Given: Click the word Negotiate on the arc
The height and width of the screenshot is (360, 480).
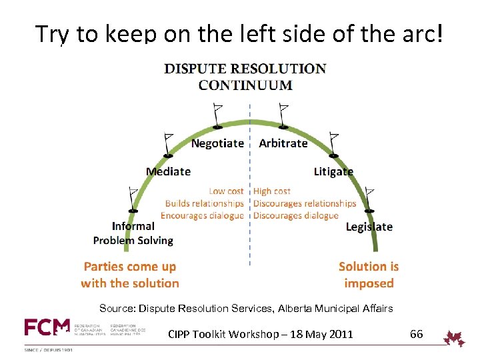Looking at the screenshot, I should (217, 143).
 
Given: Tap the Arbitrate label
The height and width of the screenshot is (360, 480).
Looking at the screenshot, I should (283, 143).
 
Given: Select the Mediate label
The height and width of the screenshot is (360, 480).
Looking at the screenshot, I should (168, 171).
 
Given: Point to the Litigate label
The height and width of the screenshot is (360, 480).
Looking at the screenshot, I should (333, 171).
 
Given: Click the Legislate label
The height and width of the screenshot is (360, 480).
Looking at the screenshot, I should (369, 227).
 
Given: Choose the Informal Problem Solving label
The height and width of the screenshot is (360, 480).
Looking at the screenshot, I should (133, 233).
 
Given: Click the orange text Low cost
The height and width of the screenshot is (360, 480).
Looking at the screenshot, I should (226, 191).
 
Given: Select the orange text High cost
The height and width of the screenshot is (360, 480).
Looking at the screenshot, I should (272, 191).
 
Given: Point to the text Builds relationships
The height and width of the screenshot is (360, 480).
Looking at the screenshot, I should (205, 203).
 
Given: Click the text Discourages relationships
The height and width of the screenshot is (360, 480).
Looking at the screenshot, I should (305, 203).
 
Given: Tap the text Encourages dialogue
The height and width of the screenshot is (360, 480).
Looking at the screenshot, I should (202, 215).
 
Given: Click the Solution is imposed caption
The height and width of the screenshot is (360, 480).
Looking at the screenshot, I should (369, 275).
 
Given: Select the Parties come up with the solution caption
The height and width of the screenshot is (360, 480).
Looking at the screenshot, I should (130, 275).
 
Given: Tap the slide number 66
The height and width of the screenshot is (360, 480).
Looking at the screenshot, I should (416, 334).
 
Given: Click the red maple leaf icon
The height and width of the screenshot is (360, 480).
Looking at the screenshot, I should (455, 338).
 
